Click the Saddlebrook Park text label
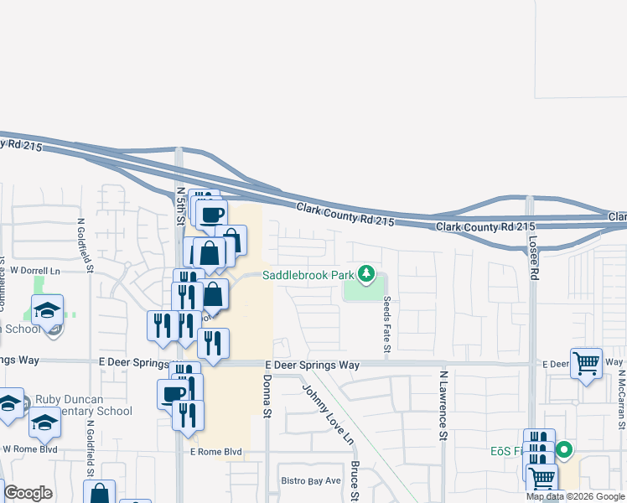(x=308, y=274)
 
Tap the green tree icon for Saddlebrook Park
(x=365, y=273)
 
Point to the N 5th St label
(x=180, y=206)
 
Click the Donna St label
(x=267, y=397)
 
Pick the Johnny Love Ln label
(x=329, y=413)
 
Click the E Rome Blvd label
(x=215, y=452)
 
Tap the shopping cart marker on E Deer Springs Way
(x=587, y=363)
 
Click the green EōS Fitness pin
(x=564, y=450)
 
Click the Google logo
(x=28, y=493)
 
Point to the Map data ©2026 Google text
(x=574, y=496)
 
